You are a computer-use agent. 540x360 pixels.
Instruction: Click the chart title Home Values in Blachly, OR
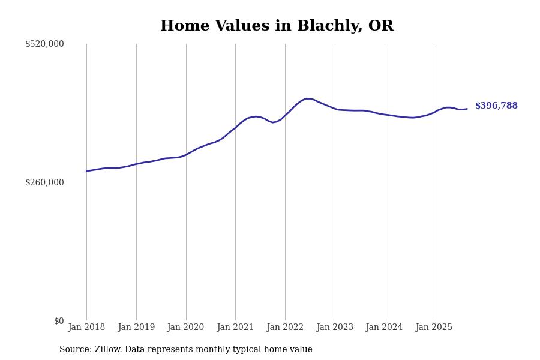click(x=277, y=26)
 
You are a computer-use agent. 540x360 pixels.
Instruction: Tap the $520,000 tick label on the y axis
click(x=44, y=44)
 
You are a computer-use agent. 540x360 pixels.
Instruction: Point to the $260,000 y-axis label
click(x=44, y=182)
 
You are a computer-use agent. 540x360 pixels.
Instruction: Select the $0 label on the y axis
click(x=59, y=321)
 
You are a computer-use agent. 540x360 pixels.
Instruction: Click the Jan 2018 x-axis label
click(x=86, y=328)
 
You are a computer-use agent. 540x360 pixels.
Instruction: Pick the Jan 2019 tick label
click(x=136, y=328)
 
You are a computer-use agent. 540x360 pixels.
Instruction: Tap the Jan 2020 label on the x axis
click(x=186, y=328)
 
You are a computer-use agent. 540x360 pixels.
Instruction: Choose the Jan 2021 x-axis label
click(x=235, y=328)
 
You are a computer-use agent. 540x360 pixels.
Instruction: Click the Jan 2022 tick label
click(x=285, y=328)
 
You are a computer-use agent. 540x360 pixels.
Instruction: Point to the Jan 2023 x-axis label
click(x=335, y=328)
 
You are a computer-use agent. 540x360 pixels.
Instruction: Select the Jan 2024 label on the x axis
click(x=385, y=328)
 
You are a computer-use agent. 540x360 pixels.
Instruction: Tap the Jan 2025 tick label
click(x=434, y=328)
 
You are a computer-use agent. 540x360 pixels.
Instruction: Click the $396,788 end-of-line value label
click(x=496, y=106)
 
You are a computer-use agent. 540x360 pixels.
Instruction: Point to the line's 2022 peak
click(x=307, y=98)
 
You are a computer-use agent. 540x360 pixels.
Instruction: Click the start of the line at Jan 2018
click(x=86, y=171)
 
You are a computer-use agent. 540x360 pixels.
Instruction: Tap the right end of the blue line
click(x=467, y=109)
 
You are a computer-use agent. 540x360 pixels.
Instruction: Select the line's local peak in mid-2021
click(x=256, y=116)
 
